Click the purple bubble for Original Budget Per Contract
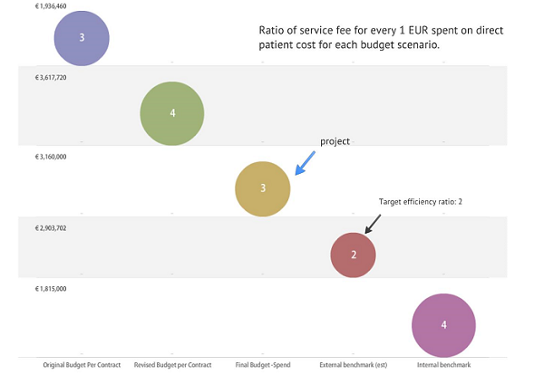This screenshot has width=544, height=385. [82, 38]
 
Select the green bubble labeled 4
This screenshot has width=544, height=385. [172, 113]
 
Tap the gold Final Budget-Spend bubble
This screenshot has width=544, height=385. [263, 188]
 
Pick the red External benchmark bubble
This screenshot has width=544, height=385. [354, 255]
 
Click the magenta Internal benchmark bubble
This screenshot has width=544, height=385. [443, 325]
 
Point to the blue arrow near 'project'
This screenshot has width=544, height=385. [306, 163]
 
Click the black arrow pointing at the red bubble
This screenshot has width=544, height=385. [371, 222]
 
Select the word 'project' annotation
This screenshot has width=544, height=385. [335, 141]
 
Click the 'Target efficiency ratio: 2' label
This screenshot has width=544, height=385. [420, 202]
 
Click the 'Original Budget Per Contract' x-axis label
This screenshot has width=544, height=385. [82, 364]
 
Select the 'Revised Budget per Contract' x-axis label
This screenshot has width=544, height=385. [172, 364]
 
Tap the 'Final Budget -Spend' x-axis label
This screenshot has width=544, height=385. [262, 364]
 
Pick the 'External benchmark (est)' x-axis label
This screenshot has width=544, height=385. [353, 364]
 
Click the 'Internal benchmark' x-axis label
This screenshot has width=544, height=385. [443, 364]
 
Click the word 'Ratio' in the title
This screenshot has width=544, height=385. [273, 31]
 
